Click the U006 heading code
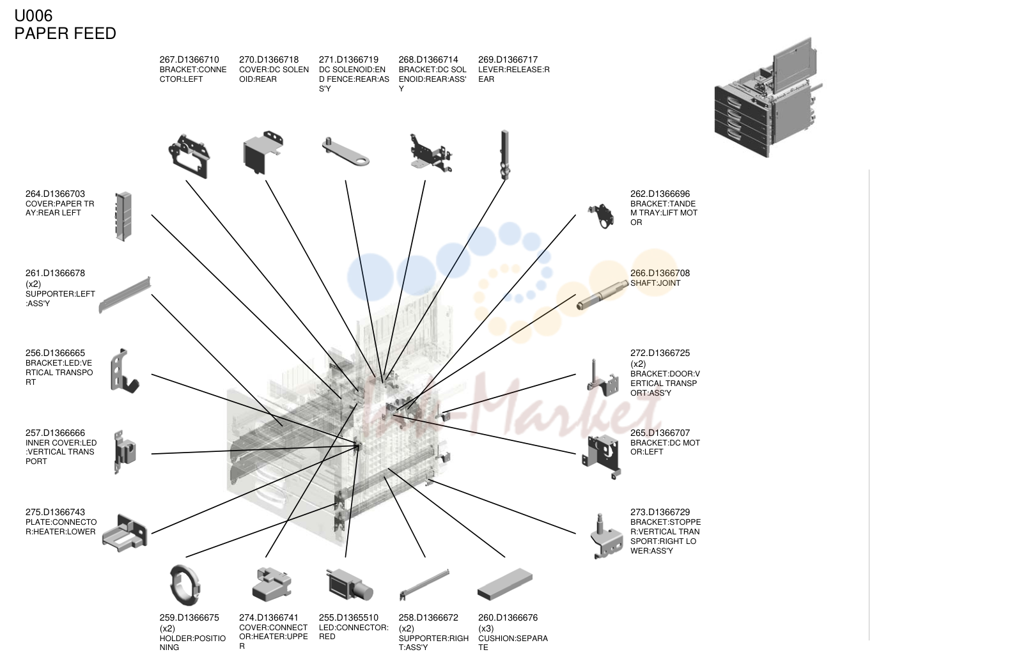pyautogui.click(x=33, y=15)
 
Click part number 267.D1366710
pyautogui.click(x=189, y=59)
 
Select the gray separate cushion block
pyautogui.click(x=505, y=584)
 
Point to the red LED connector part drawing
pyautogui.click(x=350, y=585)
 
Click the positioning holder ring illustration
pyautogui.click(x=185, y=585)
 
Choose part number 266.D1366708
pyautogui.click(x=660, y=273)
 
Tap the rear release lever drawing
pyautogui.click(x=505, y=155)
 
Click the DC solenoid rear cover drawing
pyautogui.click(x=263, y=152)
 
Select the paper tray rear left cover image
pyautogui.click(x=123, y=216)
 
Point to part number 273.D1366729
pyautogui.click(x=660, y=512)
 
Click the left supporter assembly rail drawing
pyautogui.click(x=125, y=295)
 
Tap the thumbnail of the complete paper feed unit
pyautogui.click(x=768, y=97)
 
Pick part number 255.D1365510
pyautogui.click(x=349, y=617)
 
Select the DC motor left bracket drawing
pyautogui.click(x=602, y=456)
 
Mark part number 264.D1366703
pyautogui.click(x=55, y=194)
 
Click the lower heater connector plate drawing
pyautogui.click(x=125, y=532)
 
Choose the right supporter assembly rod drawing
pyautogui.click(x=424, y=584)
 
